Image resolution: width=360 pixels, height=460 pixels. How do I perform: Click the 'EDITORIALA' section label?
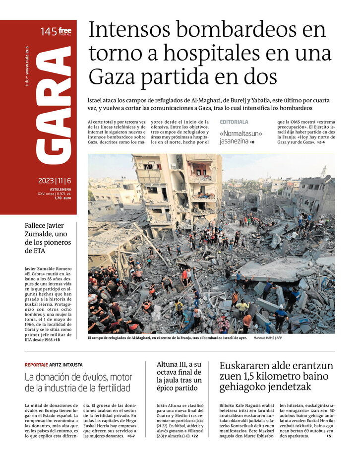pyautogui.click(x=234, y=122)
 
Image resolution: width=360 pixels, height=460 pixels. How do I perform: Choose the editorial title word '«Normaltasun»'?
pyautogui.click(x=241, y=133)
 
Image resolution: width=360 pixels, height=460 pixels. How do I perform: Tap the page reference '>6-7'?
pyautogui.click(x=131, y=436)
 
